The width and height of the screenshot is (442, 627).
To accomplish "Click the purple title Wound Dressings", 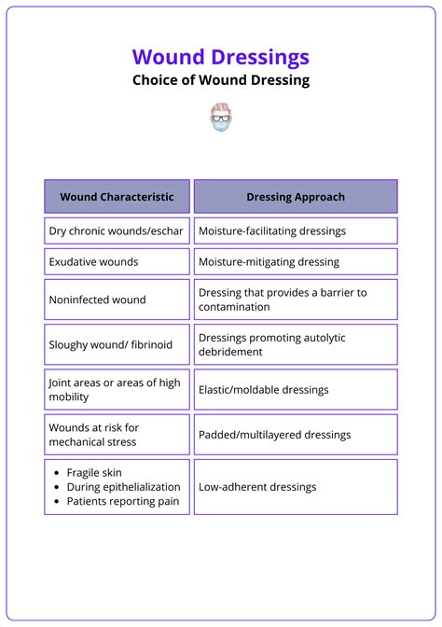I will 220,57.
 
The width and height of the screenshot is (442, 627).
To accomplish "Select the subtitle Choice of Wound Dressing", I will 220,80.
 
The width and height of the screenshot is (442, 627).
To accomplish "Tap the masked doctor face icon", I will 221,117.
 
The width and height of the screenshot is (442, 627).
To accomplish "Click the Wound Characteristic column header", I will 117,197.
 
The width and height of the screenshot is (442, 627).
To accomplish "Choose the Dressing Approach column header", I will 296,197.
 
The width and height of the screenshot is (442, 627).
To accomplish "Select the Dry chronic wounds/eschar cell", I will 117,230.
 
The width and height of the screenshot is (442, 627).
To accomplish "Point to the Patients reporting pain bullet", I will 122,501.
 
